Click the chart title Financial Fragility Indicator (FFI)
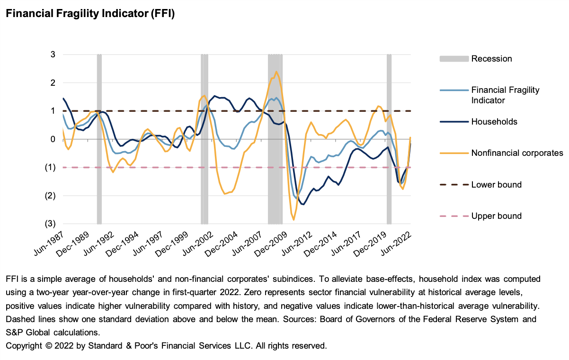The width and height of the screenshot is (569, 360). point(90,14)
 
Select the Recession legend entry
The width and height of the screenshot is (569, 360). point(491,59)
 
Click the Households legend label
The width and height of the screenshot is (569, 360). point(494,122)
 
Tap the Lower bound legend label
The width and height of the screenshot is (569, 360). point(496,185)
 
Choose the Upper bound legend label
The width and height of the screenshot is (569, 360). point(496,216)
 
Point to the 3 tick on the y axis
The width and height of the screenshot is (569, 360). point(53,54)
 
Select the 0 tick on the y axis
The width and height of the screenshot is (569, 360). point(53,139)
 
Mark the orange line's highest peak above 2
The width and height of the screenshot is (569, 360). point(276,72)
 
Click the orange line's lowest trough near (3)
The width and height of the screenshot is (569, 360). point(294,219)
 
